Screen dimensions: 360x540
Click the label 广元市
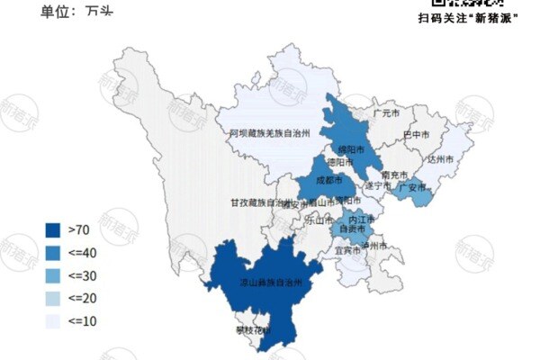click(385, 115)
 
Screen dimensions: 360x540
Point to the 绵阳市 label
click(350, 149)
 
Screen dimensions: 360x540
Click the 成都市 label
click(329, 180)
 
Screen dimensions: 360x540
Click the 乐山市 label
click(319, 218)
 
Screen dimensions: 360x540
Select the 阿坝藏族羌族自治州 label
click(268, 133)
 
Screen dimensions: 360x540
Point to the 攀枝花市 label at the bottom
click(255, 331)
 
